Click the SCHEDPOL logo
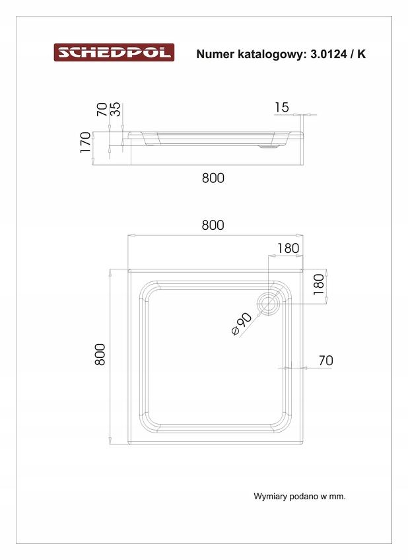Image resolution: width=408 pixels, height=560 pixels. (114, 52)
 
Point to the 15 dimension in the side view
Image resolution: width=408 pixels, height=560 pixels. (281, 107)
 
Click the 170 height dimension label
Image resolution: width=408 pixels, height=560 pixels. (86, 143)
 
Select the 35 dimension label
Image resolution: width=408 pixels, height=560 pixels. (116, 110)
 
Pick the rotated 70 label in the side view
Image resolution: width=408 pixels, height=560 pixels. (102, 110)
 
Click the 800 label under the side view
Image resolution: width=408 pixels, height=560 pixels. (213, 178)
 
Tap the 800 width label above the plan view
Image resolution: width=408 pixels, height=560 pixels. (213, 225)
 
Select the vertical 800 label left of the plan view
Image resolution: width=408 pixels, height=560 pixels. (100, 355)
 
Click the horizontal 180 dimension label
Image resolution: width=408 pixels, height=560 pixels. (288, 248)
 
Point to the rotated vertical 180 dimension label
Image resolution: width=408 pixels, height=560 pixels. (319, 285)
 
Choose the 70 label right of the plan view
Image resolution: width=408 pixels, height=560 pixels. (325, 361)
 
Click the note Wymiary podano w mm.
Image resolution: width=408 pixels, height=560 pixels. (299, 496)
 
